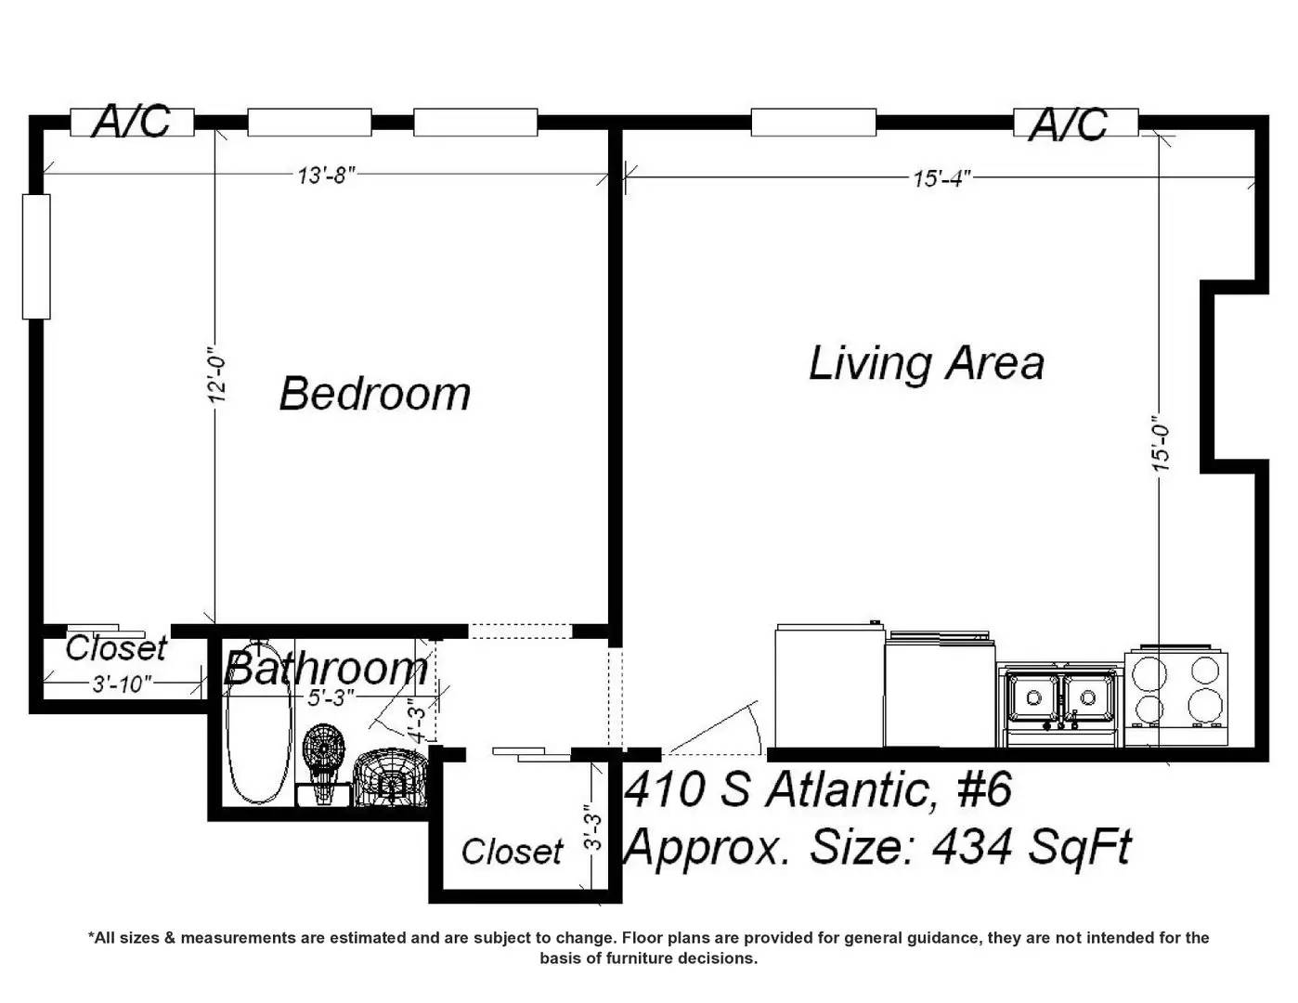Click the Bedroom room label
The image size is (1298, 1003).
[x=375, y=394]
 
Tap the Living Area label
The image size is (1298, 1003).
[x=927, y=363]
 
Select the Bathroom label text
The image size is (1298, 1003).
[x=327, y=669]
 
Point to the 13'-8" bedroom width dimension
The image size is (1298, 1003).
[x=327, y=176]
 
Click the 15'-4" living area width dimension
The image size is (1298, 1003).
[x=942, y=178]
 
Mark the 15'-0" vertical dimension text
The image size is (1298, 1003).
[x=1162, y=444]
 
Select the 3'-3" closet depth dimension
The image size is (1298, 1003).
[x=593, y=827]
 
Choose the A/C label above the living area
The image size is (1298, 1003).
[x=1069, y=124]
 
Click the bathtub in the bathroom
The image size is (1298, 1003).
[x=259, y=724]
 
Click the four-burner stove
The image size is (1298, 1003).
[x=1176, y=696]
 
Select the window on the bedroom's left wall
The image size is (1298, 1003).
[x=36, y=257]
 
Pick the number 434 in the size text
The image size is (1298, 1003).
[x=972, y=847]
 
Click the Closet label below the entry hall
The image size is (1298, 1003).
[x=512, y=852]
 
